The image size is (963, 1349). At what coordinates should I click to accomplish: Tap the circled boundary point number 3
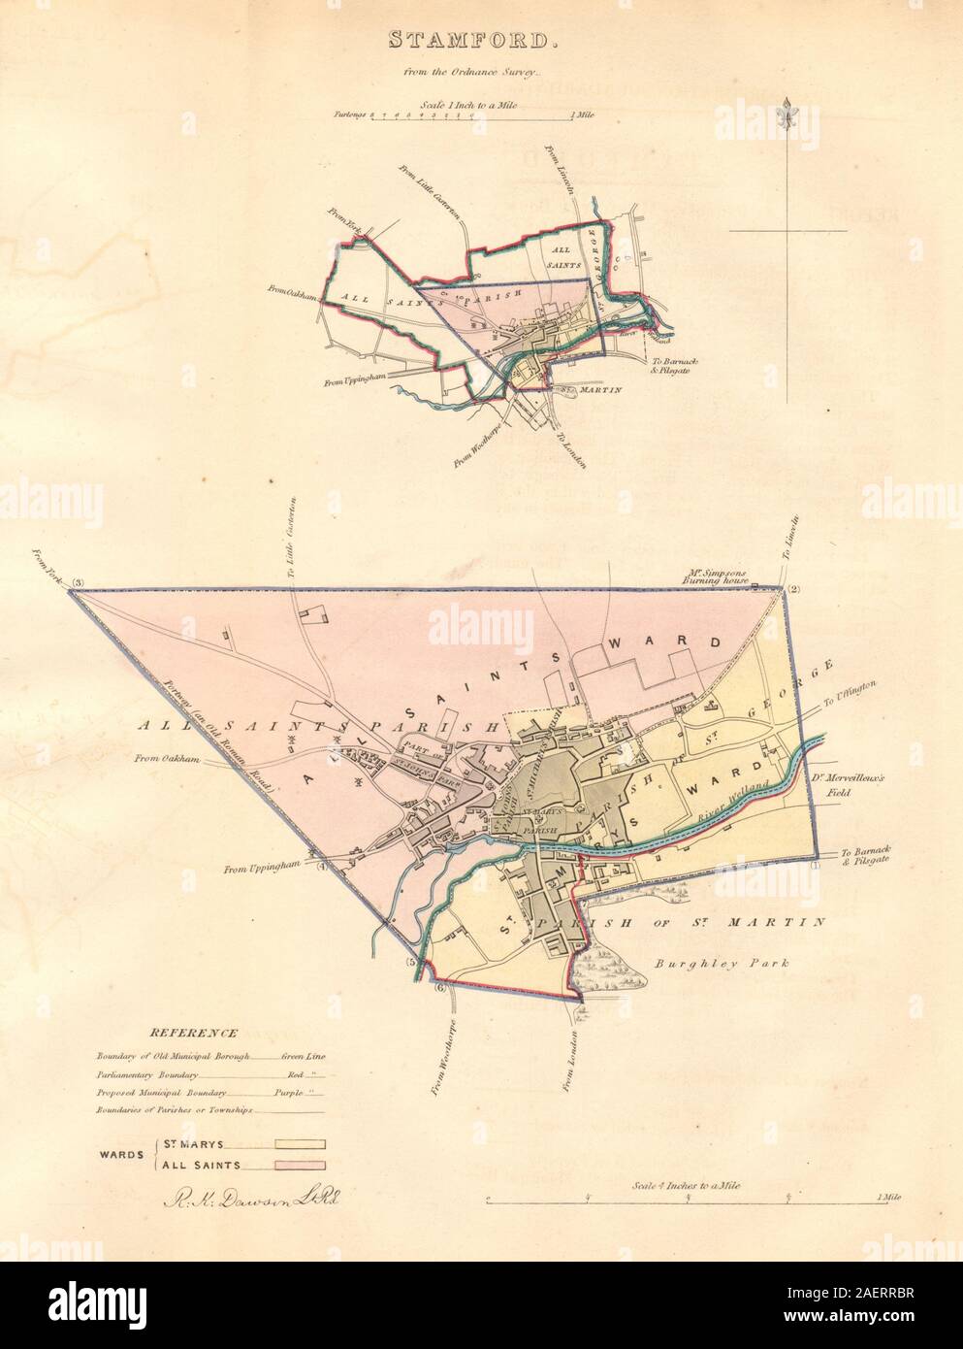tap(80, 582)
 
